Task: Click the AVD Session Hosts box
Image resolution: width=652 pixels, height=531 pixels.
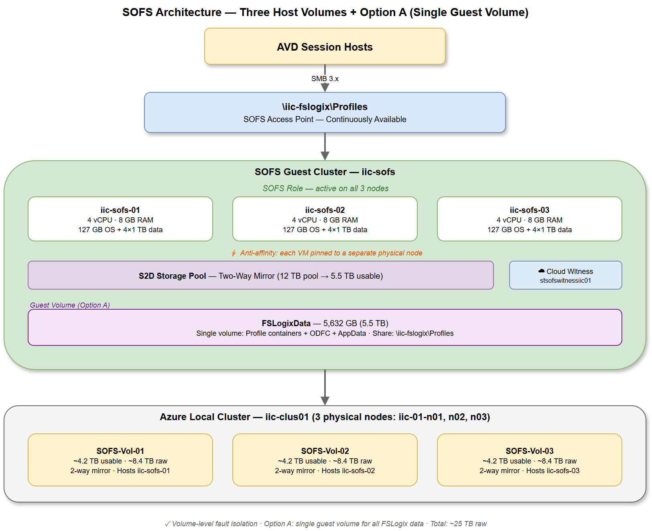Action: click(325, 47)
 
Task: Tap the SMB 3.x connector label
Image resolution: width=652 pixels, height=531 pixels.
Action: click(325, 79)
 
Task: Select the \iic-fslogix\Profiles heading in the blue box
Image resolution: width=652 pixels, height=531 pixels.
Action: click(325, 107)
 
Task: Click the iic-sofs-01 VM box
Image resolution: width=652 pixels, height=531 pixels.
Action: click(120, 219)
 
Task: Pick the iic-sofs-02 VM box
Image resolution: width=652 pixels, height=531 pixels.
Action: click(325, 219)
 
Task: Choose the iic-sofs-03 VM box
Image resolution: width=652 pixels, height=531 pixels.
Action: click(529, 219)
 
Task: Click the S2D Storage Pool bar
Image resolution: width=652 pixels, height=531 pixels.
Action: click(260, 276)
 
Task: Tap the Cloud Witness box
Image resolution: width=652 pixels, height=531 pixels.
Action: click(565, 276)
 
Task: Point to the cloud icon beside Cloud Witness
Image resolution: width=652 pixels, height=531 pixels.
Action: click(541, 271)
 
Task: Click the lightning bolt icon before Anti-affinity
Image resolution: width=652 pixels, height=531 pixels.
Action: click(234, 253)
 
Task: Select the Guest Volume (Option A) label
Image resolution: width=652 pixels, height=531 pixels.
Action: click(70, 305)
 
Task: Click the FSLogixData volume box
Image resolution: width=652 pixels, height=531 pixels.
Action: click(325, 328)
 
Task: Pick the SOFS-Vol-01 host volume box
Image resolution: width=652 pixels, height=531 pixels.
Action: click(120, 460)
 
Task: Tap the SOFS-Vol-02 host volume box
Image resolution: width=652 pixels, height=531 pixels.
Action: click(325, 460)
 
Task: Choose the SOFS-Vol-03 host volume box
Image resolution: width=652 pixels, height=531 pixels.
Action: click(529, 460)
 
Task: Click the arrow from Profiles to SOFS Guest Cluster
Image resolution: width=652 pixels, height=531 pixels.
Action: click(325, 147)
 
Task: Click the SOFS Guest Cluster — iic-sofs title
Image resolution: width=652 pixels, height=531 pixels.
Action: click(325, 172)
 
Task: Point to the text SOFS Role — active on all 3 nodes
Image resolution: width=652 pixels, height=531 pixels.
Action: click(325, 188)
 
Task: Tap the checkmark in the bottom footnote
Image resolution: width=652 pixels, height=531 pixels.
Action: click(167, 524)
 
